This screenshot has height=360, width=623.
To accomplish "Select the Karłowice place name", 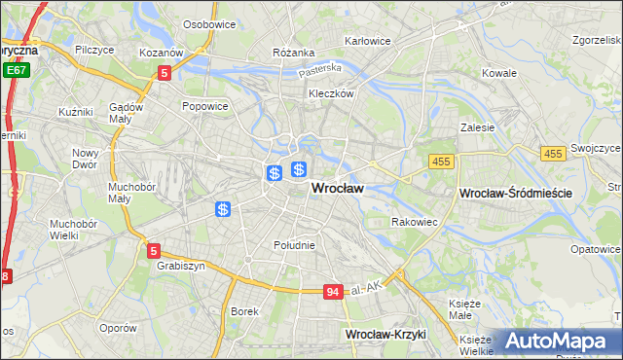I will [368, 41].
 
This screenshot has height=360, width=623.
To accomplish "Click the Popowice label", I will [204, 105].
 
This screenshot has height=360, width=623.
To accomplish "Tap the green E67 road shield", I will [15, 71].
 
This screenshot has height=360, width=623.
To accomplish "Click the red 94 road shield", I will [333, 291].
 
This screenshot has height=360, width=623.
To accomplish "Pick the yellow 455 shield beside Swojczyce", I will [554, 154].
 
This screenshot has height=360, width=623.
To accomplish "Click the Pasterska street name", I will [320, 69].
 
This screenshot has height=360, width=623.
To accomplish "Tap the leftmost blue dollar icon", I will [223, 209].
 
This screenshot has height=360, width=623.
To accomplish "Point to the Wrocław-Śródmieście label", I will [515, 195].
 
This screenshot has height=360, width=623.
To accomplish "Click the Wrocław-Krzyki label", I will [386, 334].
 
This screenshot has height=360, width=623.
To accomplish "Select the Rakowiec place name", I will [415, 222].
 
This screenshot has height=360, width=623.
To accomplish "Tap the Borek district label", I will [243, 311].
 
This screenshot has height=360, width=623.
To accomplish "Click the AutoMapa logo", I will [554, 341].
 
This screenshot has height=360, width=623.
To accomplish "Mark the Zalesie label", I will [478, 127].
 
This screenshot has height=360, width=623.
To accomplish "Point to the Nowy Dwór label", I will [86, 159].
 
